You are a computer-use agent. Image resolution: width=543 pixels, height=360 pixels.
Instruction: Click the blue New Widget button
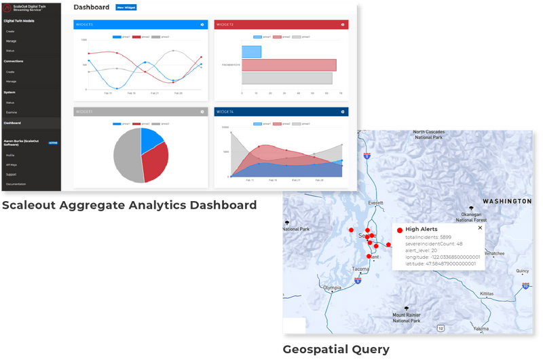(126, 7)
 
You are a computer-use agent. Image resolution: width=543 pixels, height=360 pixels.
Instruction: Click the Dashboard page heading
(91, 7)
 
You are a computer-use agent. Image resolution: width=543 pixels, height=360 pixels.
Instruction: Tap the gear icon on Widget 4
(343, 111)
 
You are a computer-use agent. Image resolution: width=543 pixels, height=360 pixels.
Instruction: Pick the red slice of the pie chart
(155, 163)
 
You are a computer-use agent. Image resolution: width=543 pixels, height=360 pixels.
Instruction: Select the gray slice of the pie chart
(126, 155)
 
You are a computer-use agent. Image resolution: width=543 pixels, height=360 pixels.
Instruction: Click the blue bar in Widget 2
(251, 52)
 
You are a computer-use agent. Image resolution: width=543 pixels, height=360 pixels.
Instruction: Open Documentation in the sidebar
(17, 184)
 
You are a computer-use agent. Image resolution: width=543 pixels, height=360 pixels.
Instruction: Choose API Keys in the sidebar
(12, 165)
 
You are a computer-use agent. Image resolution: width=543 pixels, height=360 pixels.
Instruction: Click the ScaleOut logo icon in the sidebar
(7, 7)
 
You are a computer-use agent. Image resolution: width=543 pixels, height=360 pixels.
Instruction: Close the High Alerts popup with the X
(480, 228)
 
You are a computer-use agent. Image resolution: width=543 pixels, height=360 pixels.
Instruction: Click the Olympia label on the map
(332, 287)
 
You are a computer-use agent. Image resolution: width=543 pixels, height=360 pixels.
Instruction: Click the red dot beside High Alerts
(399, 230)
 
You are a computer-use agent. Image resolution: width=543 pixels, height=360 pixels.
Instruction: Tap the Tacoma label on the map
(360, 269)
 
